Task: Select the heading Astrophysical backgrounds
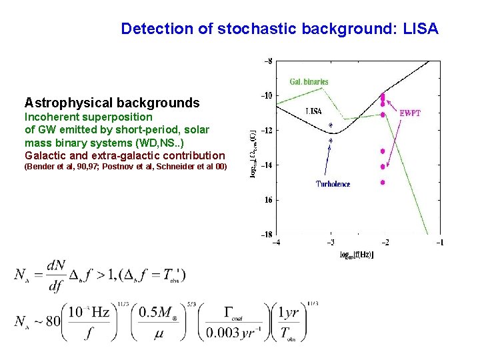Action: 112,103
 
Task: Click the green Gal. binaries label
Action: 309,82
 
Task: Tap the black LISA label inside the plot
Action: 314,111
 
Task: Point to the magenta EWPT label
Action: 409,113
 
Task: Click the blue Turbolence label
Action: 333,184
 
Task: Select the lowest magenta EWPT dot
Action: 383,182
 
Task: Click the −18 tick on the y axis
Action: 266,234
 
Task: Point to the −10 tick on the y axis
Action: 266,95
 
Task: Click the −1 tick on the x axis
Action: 439,243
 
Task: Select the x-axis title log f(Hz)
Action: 357,255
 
